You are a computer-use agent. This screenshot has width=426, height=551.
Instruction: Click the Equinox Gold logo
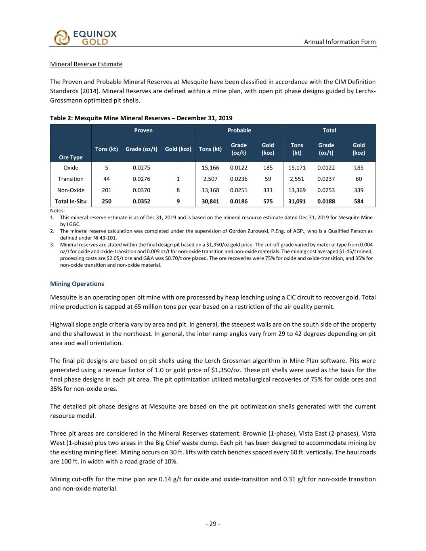coord(85,37)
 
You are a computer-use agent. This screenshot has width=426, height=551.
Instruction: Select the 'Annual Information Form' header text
coord(340,42)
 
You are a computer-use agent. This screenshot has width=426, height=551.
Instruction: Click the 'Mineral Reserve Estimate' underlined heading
coord(86,64)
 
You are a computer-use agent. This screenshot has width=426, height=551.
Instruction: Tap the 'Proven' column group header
coord(143,130)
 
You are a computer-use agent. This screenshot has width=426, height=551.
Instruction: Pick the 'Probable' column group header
coord(239,130)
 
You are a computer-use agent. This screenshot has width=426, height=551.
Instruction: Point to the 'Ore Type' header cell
coord(71,157)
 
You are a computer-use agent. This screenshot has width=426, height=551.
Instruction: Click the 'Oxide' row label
coord(71,168)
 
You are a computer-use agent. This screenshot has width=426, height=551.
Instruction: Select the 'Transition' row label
coord(71,179)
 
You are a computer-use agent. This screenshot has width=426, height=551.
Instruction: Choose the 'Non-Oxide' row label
coord(71,190)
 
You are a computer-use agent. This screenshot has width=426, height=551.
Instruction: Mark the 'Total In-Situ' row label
coord(71,201)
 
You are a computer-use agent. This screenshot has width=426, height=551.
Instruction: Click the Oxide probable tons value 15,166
coord(210,168)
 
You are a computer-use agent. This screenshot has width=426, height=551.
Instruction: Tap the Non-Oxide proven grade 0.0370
coord(141,190)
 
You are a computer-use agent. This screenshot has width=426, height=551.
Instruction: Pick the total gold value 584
coord(359,201)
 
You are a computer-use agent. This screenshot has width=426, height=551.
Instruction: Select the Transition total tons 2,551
coord(297,179)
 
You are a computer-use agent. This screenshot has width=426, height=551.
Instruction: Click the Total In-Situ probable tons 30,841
coord(210,201)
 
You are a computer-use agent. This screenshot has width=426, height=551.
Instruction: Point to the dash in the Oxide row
coord(178,168)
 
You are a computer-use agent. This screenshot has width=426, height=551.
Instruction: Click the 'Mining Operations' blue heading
coord(77,284)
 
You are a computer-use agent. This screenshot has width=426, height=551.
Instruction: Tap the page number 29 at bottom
coord(213,524)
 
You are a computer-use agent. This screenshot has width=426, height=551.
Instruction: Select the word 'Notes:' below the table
coord(57,211)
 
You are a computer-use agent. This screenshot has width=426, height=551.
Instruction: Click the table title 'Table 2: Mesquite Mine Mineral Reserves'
coord(141,118)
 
